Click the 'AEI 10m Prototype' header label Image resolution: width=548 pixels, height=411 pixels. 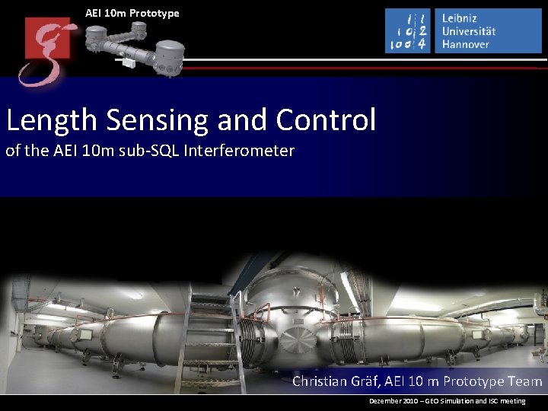pos(132,13)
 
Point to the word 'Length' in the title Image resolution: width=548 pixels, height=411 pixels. pos(53,120)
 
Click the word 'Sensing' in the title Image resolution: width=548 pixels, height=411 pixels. pos(158,120)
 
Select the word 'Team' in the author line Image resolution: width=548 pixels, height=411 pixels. pos(525,381)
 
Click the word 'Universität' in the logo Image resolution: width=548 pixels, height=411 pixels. pos(469,30)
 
